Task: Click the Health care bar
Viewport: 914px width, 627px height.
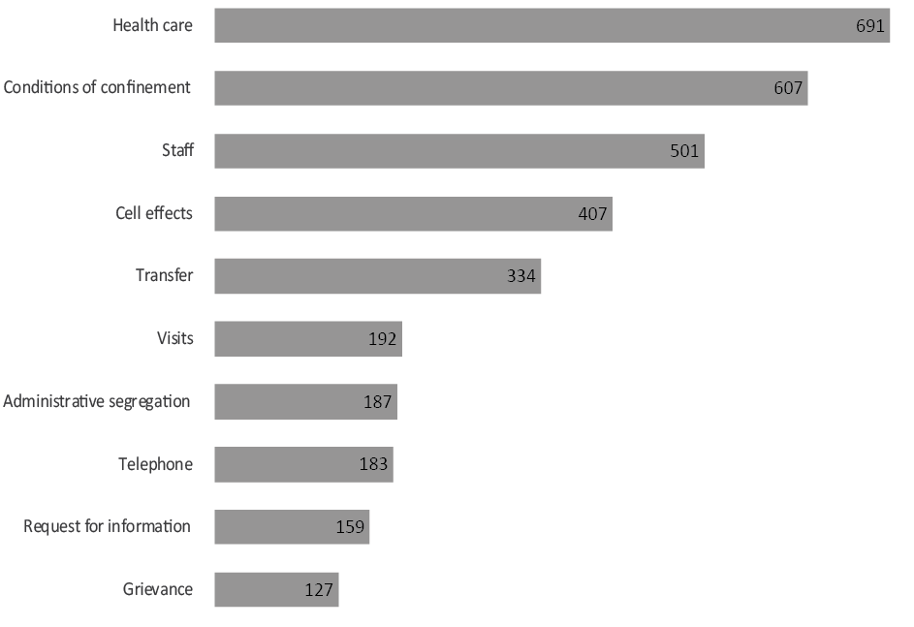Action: click(x=552, y=25)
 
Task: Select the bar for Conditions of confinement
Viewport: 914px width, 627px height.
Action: click(x=511, y=87)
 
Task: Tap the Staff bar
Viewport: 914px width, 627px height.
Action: click(x=458, y=151)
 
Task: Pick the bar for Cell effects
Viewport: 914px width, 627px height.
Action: click(x=413, y=213)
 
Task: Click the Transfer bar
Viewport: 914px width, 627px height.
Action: click(x=377, y=276)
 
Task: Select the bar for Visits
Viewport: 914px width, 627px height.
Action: click(x=308, y=339)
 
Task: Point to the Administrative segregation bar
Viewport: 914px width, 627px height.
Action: click(x=305, y=401)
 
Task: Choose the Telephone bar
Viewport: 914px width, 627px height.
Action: click(x=303, y=464)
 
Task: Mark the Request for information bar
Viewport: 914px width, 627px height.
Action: click(x=292, y=527)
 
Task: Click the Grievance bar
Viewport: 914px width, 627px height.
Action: click(x=276, y=589)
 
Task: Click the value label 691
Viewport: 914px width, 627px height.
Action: click(x=869, y=26)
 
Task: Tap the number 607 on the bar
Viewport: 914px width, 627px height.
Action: click(x=788, y=88)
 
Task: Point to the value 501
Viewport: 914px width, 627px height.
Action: click(x=684, y=151)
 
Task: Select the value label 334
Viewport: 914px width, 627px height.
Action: click(x=521, y=276)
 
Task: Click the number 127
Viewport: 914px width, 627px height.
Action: click(x=319, y=590)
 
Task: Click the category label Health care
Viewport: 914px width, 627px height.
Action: click(x=152, y=26)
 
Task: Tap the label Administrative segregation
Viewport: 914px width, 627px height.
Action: click(x=97, y=401)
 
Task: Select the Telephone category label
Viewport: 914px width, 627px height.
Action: click(x=155, y=464)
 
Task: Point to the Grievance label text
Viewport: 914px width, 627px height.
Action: click(x=158, y=589)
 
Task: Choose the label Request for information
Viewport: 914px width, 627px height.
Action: click(x=107, y=527)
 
